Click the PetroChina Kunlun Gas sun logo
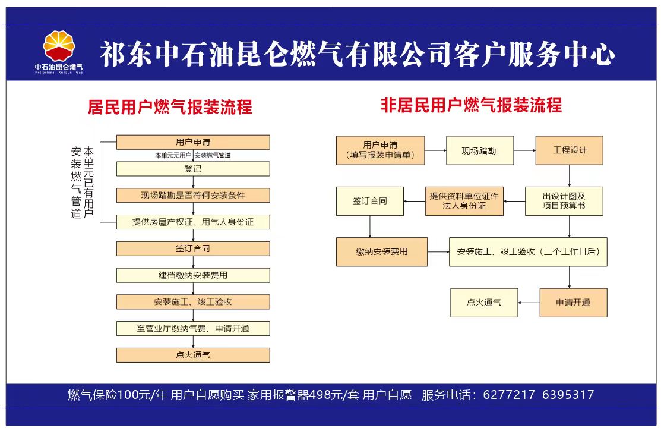click(x=59, y=46)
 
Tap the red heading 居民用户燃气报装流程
click(x=170, y=107)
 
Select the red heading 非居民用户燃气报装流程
click(x=471, y=105)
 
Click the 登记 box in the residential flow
click(x=193, y=169)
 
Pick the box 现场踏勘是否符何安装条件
click(x=193, y=196)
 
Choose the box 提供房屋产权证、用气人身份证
click(x=193, y=222)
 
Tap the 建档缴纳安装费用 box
click(x=193, y=275)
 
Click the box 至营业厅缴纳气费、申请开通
click(x=193, y=328)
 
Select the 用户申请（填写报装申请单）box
click(x=380, y=150)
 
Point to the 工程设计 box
click(x=569, y=150)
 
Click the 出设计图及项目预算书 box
click(x=564, y=201)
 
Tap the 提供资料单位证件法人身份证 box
click(x=464, y=201)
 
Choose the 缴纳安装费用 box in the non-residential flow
click(x=382, y=251)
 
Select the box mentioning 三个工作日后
click(x=528, y=251)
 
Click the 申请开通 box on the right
click(x=573, y=303)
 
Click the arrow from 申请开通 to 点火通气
click(x=529, y=303)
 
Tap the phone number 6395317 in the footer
click(x=568, y=395)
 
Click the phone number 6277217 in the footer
click(x=509, y=395)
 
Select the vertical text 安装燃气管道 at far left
click(x=76, y=183)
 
